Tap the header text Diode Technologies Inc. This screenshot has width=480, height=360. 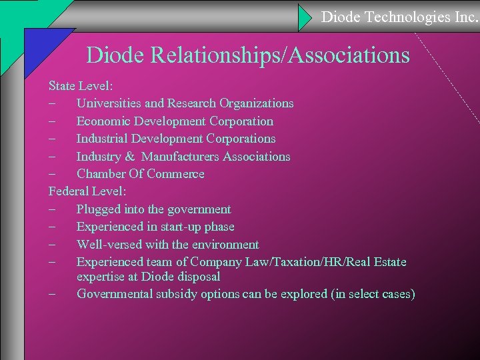tap(400, 17)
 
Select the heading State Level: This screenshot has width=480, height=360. tap(82, 86)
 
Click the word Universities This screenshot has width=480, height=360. tap(109, 103)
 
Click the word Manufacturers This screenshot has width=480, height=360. tap(180, 157)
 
